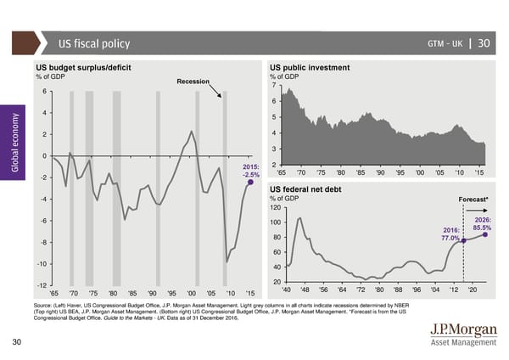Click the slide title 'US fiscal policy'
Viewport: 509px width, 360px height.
(93, 45)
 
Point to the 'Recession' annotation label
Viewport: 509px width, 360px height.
(193, 82)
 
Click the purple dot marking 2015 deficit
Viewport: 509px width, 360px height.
(250, 183)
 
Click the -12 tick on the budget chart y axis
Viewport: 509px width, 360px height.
(41, 284)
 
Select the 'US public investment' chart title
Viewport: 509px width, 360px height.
(310, 67)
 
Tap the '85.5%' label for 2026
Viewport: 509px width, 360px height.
(483, 228)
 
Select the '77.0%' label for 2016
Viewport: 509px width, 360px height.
(451, 239)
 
